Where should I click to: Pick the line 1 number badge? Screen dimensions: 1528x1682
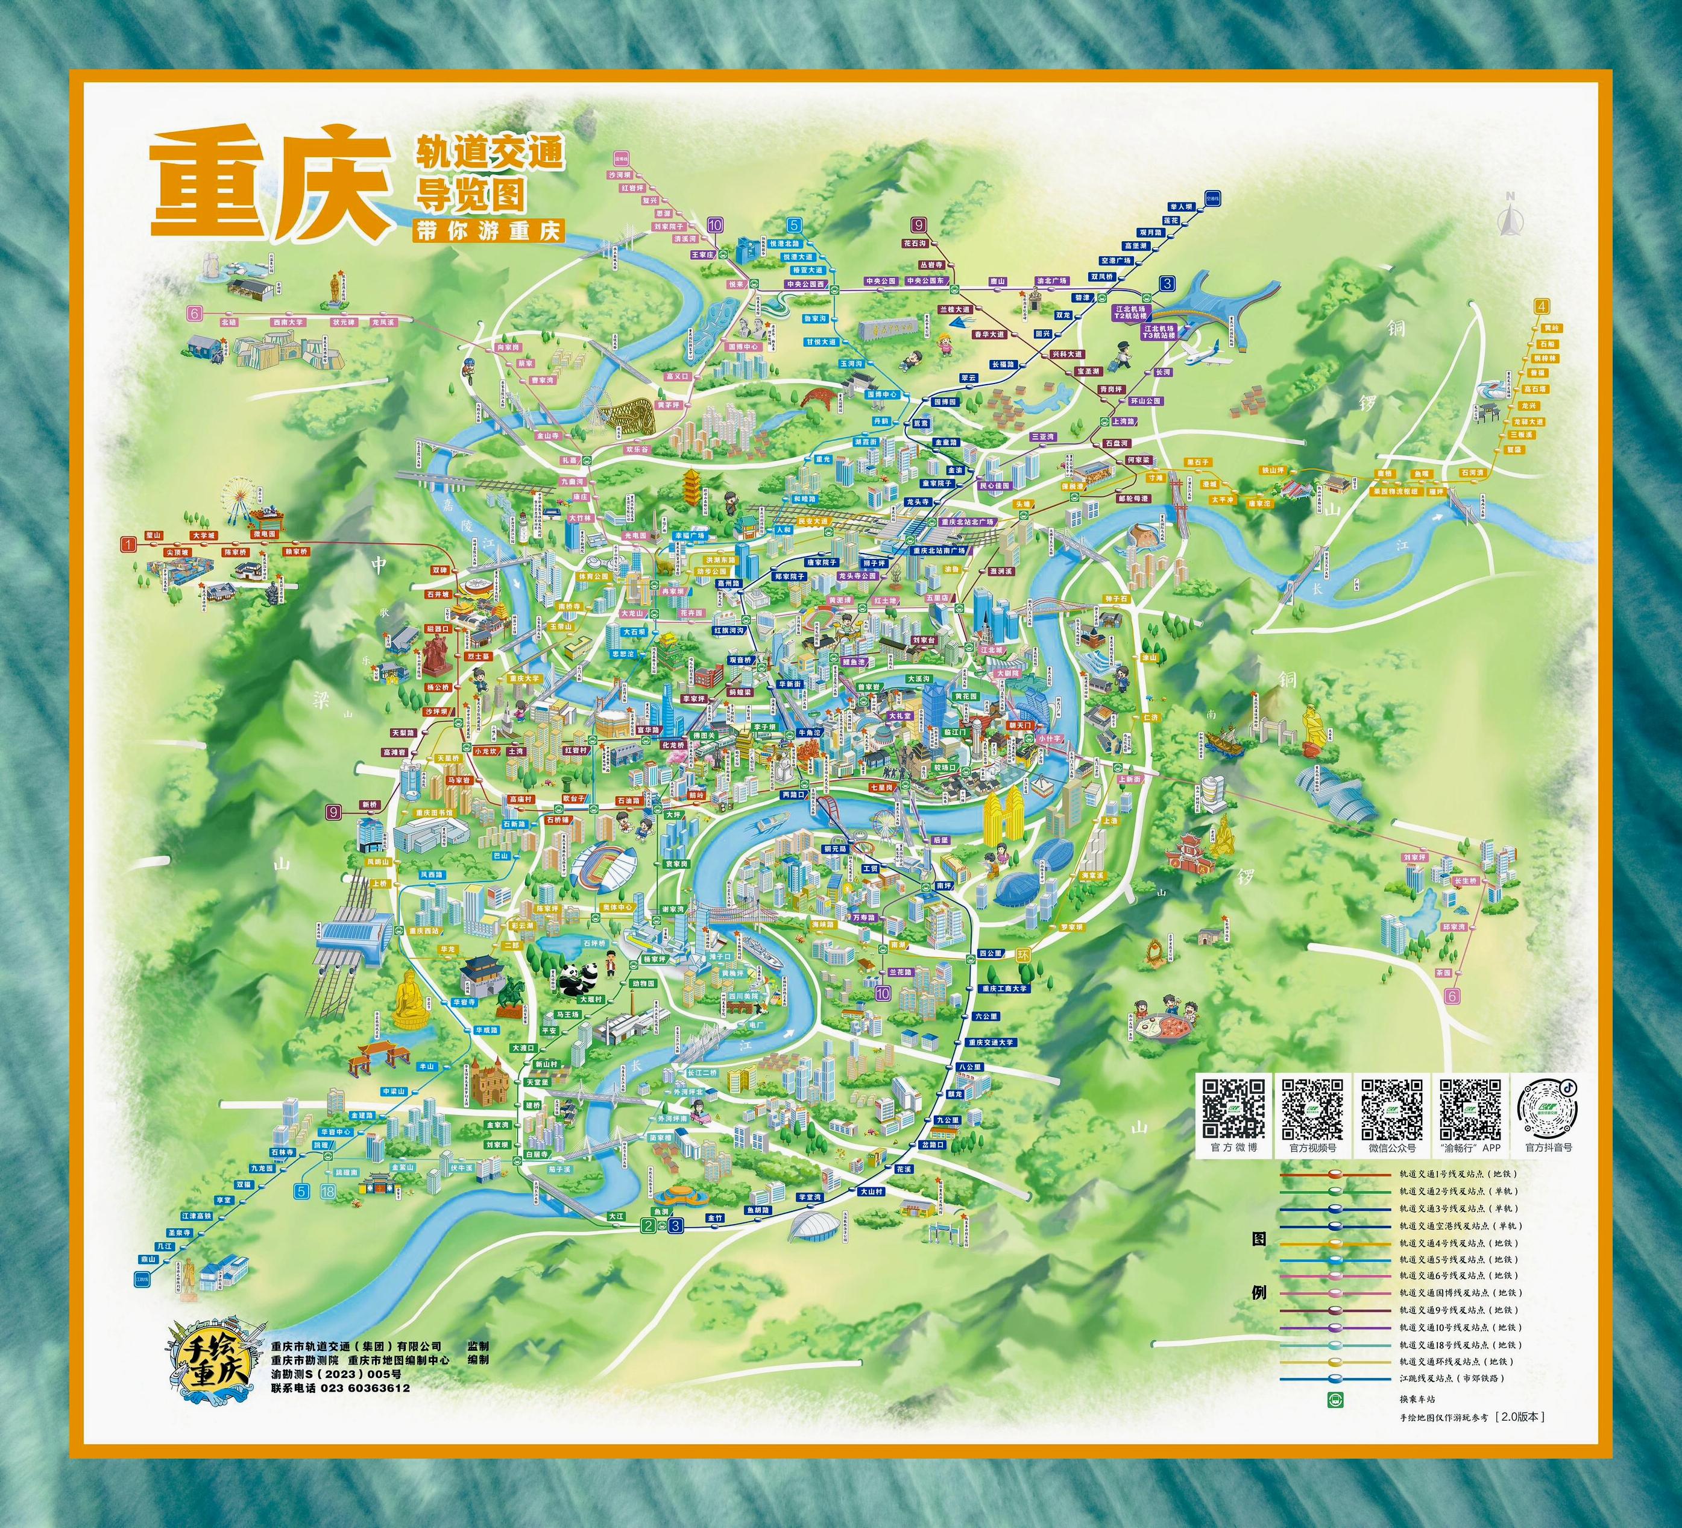pyautogui.click(x=128, y=545)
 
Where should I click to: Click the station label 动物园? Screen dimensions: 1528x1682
pyautogui.click(x=643, y=983)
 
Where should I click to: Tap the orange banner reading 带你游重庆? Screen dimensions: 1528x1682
pyautogui.click(x=488, y=231)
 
